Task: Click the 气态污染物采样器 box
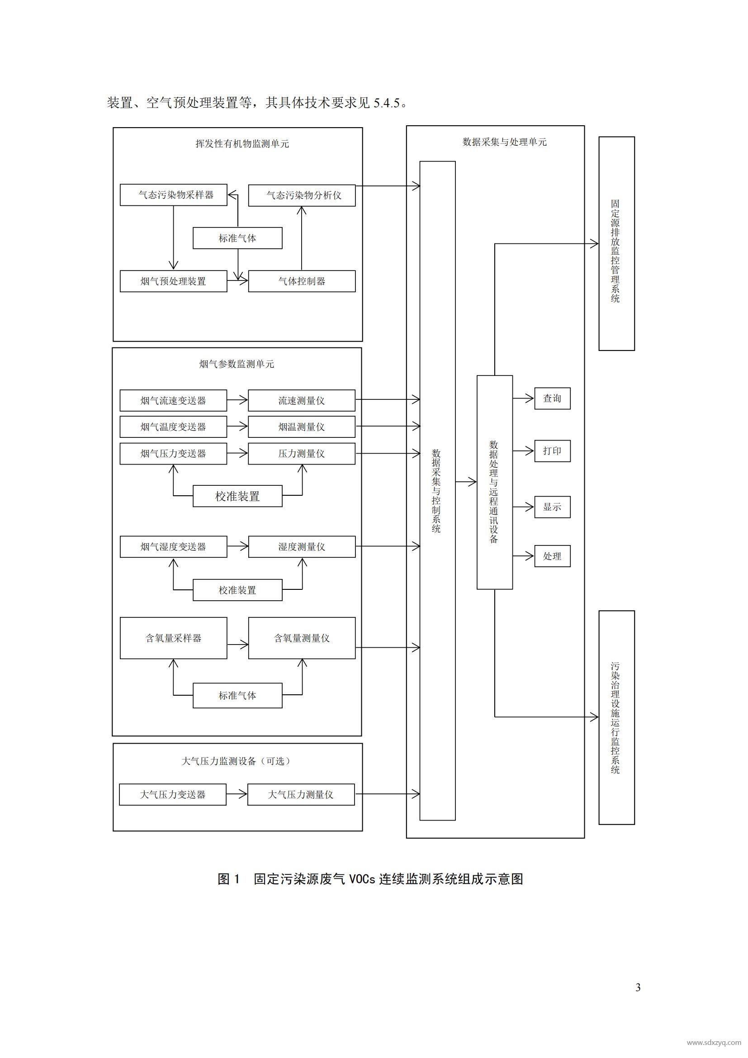point(173,195)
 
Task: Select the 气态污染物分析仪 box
point(302,195)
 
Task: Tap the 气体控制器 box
point(302,281)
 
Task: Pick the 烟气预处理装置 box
point(173,281)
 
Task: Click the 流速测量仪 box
point(302,400)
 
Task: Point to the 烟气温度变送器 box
point(173,427)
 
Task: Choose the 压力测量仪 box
point(302,453)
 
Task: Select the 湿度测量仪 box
point(302,546)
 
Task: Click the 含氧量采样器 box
point(173,638)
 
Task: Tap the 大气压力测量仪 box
point(301,794)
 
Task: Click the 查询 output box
point(552,398)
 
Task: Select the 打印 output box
point(552,451)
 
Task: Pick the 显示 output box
point(552,507)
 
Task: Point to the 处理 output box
point(552,556)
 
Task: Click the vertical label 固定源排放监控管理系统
point(616,251)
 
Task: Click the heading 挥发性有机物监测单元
point(242,144)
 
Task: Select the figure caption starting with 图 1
point(370,879)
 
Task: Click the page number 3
point(638,987)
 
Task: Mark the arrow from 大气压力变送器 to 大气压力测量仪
point(237,794)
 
